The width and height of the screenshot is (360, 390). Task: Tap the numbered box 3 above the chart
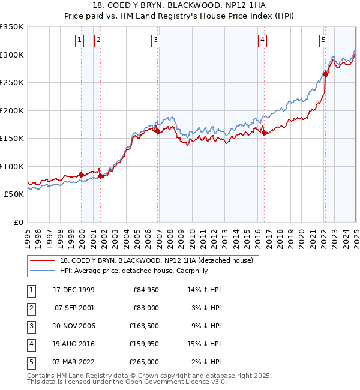click(x=155, y=40)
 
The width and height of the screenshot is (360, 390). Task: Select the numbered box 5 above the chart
click(x=323, y=40)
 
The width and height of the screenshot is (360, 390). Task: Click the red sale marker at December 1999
click(x=82, y=175)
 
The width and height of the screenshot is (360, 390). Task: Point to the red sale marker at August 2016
click(x=265, y=133)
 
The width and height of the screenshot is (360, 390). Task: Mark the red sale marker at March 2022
click(x=325, y=74)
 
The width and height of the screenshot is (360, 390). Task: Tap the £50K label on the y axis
click(x=14, y=194)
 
